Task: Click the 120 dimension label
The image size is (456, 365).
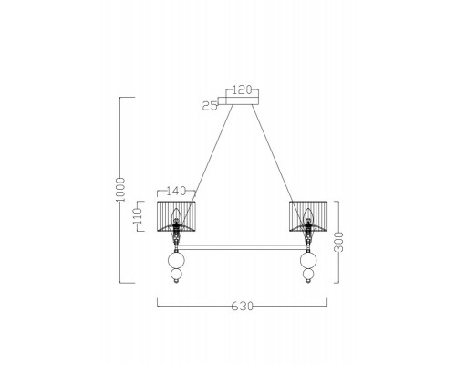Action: pyautogui.click(x=243, y=90)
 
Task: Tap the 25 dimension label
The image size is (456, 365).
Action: pyautogui.click(x=210, y=106)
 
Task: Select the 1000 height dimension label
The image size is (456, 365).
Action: pyautogui.click(x=120, y=190)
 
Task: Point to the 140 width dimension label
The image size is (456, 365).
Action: pyautogui.click(x=176, y=191)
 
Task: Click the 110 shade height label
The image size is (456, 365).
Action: pyautogui.click(x=138, y=216)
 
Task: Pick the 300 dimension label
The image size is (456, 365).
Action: pyautogui.click(x=338, y=242)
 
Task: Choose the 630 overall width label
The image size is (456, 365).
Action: pyautogui.click(x=243, y=306)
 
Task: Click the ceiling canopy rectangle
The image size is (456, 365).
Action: pyautogui.click(x=243, y=100)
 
